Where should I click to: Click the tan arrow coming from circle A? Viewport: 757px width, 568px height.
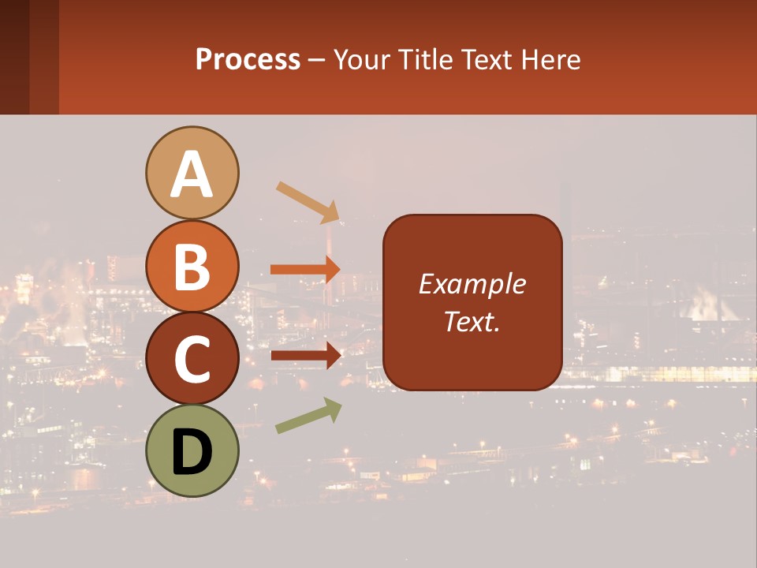click(308, 201)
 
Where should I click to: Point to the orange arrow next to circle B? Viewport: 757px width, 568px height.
click(305, 269)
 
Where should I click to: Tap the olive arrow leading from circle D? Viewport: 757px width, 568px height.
click(308, 416)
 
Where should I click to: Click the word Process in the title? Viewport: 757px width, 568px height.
click(248, 60)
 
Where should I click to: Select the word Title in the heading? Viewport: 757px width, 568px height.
click(426, 60)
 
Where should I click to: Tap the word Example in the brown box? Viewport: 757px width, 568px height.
click(472, 284)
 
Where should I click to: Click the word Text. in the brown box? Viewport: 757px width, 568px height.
click(472, 321)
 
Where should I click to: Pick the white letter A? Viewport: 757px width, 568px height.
click(192, 174)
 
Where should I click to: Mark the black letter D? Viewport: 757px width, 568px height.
click(192, 452)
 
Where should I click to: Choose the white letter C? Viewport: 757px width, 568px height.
click(192, 360)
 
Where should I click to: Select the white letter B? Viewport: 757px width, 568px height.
click(192, 267)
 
